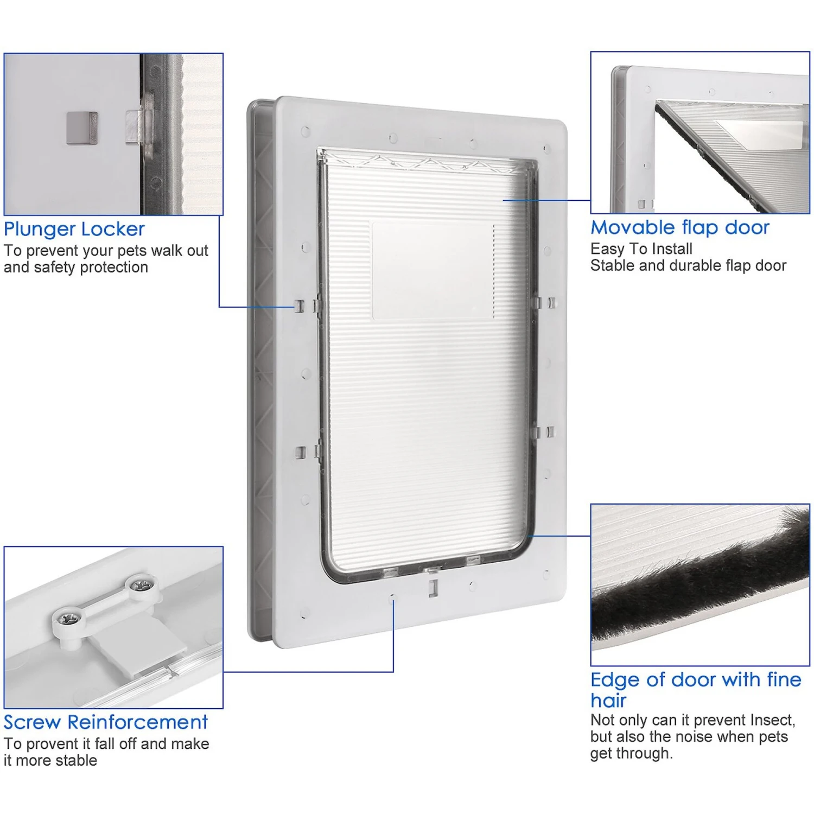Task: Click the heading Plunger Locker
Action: [74, 230]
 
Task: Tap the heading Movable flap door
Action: [680, 227]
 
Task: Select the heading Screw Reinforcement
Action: [106, 722]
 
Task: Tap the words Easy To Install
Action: [641, 249]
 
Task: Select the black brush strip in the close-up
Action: [700, 581]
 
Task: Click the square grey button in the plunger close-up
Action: [82, 128]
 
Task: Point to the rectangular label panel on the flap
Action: [433, 270]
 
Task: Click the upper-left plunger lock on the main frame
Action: [300, 306]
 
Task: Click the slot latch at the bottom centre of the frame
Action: [433, 588]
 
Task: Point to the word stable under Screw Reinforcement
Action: [76, 761]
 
